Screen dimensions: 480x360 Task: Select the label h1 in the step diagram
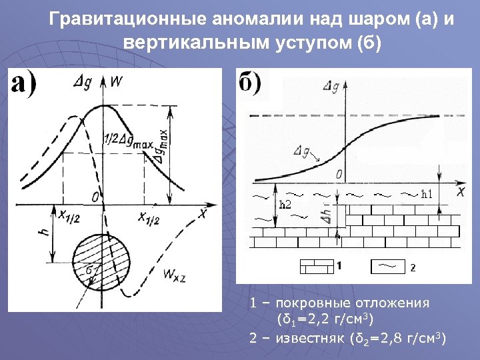point(427,194)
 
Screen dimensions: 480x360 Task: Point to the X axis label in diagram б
point(461,191)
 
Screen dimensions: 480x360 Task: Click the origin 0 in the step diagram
point(339,175)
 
